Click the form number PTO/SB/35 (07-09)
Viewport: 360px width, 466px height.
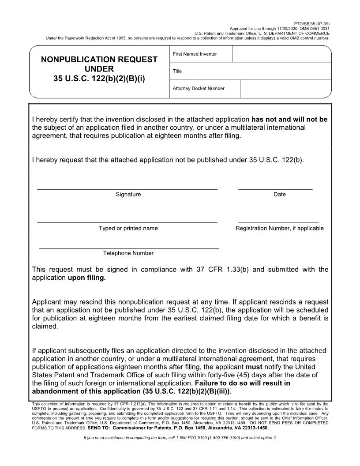click(311, 23)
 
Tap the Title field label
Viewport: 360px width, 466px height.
click(177, 71)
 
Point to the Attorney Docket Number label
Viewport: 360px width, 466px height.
click(199, 89)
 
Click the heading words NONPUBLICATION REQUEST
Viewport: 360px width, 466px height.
click(99, 60)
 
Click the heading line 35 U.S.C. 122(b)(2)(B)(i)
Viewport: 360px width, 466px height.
click(99, 79)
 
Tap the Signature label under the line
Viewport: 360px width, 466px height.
click(128, 195)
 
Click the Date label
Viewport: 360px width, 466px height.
click(279, 195)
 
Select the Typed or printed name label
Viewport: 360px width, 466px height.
click(128, 229)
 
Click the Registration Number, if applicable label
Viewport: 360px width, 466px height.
click(279, 229)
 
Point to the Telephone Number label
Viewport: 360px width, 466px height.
click(128, 253)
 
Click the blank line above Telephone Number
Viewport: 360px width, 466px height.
click(129, 248)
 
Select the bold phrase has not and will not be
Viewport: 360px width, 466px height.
click(289, 120)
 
